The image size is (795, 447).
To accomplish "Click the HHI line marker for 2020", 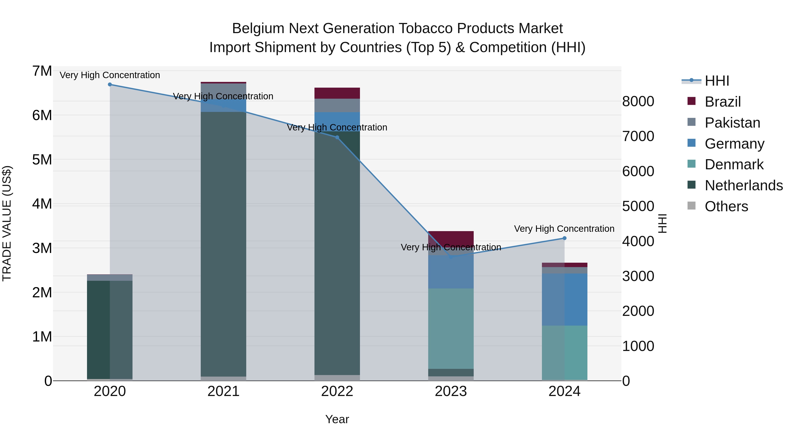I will pos(110,85).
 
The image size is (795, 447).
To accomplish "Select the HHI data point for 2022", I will pos(337,138).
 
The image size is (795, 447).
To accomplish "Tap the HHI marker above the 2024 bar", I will pos(564,238).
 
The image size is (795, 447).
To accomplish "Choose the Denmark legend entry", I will pos(734,164).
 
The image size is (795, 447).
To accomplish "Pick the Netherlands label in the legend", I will pos(744,185).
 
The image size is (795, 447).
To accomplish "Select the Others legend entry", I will pos(726,206).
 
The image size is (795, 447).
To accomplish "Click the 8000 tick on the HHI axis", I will pos(638,102).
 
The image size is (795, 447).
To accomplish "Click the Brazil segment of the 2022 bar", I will pos(337,93).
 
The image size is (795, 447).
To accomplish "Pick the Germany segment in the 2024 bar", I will pos(564,299).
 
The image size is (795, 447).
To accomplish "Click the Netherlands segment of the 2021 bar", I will pos(223,244).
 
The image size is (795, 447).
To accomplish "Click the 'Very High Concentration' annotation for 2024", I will pos(564,229).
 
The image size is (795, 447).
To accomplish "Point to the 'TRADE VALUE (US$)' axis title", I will pos(7,223).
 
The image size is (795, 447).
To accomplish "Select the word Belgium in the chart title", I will pos(258,28).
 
